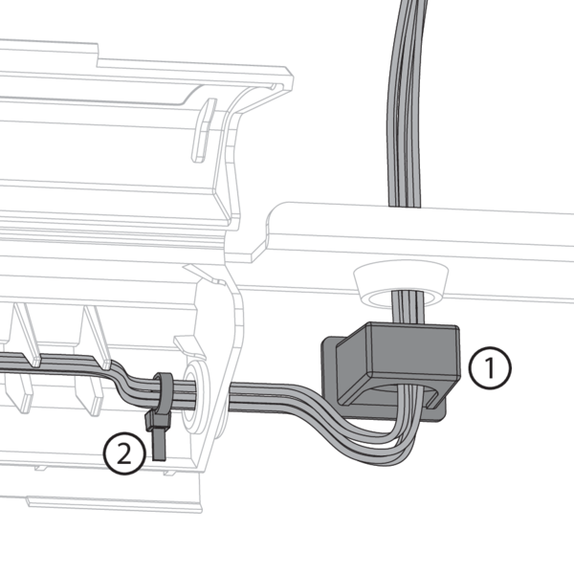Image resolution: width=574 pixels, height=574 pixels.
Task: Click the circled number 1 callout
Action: [490, 367]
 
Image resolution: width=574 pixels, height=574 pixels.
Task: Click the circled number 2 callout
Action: [124, 453]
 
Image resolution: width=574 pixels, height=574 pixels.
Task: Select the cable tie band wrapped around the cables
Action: [164, 392]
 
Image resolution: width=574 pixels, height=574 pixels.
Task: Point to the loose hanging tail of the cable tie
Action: [159, 445]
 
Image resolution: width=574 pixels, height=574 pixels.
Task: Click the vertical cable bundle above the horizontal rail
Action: [406, 102]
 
